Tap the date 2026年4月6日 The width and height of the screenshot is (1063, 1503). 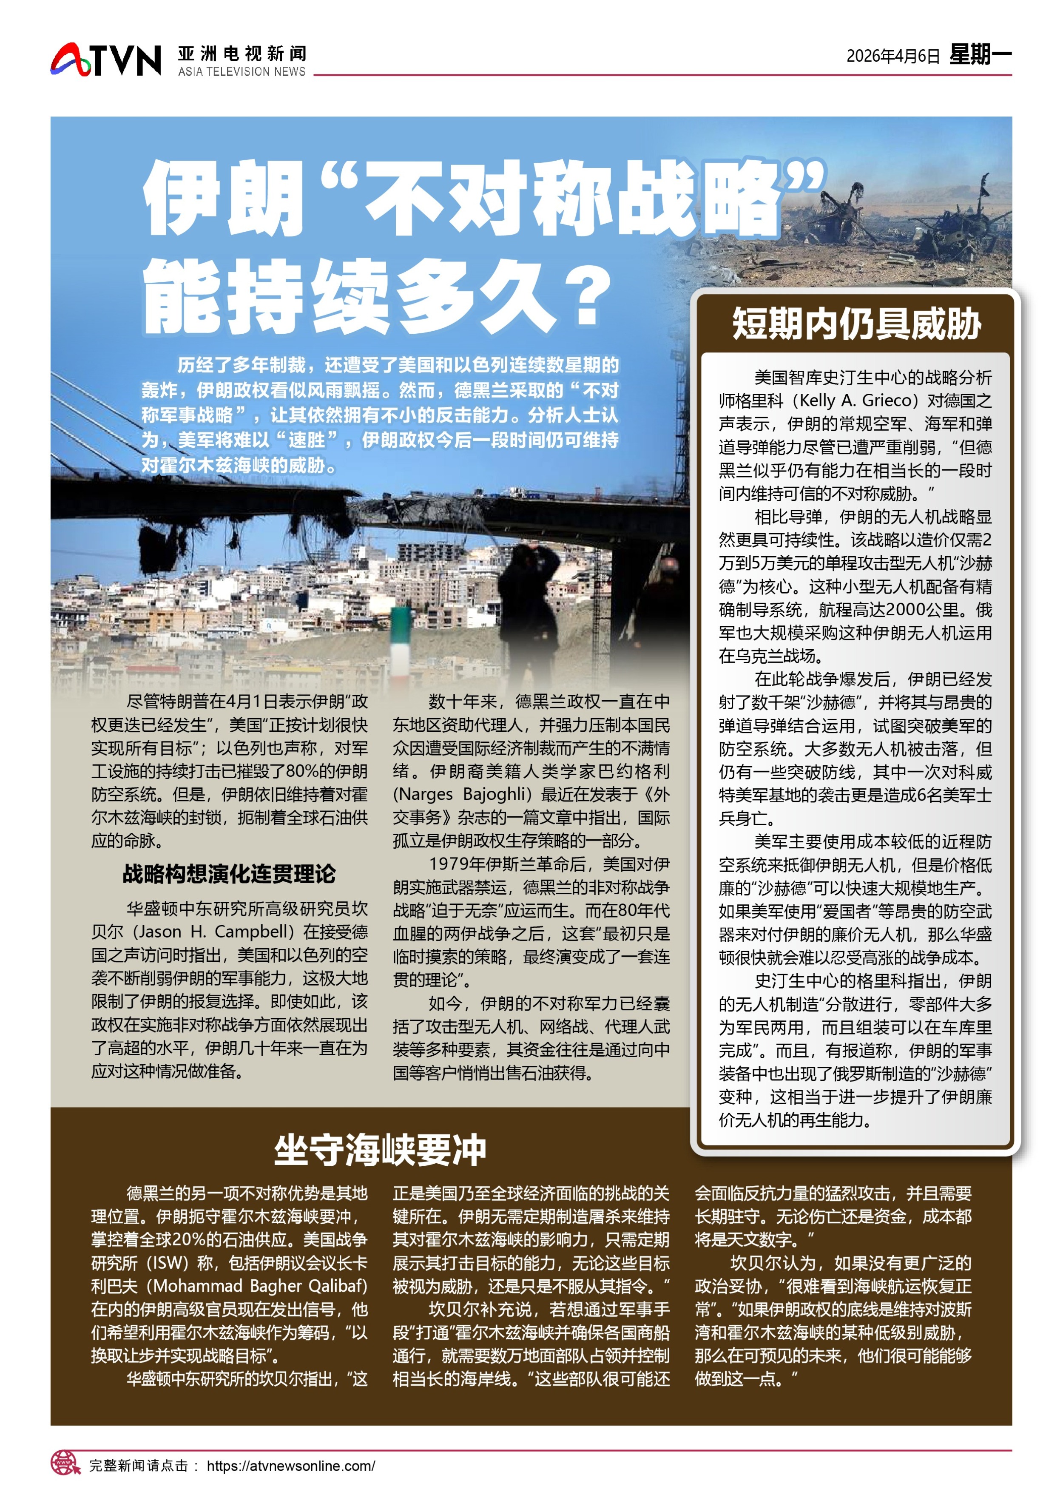[892, 56]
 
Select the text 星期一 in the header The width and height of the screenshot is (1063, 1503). [980, 54]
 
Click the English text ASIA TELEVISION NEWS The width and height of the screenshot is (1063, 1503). [242, 71]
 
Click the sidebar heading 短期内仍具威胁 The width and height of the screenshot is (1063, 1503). [856, 324]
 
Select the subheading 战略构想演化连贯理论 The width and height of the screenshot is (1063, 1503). [229, 873]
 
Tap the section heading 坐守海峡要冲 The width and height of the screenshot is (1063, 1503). [380, 1150]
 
